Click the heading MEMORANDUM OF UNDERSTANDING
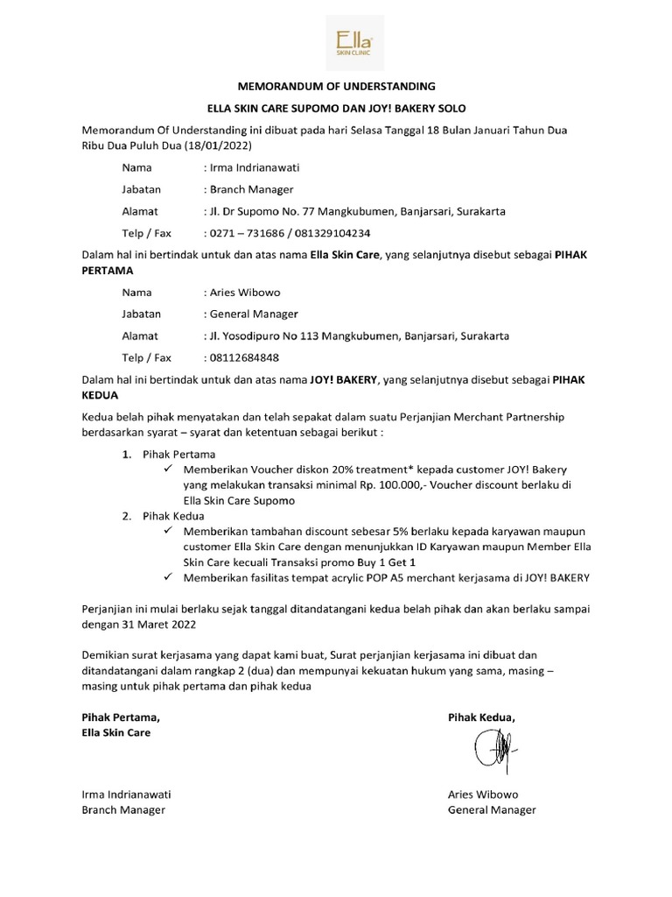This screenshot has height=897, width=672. click(337, 87)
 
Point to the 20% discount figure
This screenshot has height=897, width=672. click(336, 469)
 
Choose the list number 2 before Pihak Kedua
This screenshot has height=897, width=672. click(126, 516)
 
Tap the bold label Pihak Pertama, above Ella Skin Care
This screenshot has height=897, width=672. click(121, 717)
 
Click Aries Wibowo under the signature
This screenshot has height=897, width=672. click(483, 795)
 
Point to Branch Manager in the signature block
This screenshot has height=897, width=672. click(123, 810)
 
